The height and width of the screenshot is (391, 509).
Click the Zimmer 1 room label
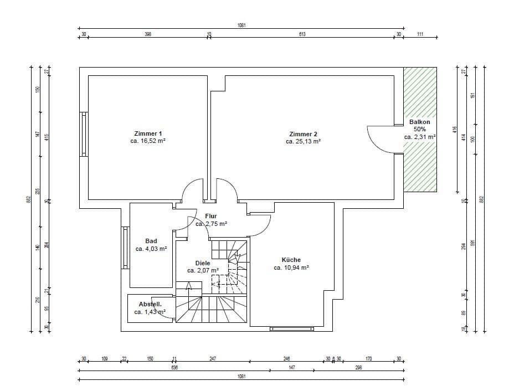(x=148, y=133)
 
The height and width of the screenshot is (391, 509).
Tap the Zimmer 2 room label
(x=303, y=133)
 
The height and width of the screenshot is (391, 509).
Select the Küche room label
(x=291, y=259)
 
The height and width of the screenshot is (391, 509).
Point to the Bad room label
(x=151, y=241)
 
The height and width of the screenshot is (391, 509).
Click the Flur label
(x=210, y=216)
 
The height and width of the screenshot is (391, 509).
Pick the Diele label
(x=203, y=263)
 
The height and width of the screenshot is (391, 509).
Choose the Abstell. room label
(x=150, y=304)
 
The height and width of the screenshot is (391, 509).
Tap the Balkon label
(x=419, y=122)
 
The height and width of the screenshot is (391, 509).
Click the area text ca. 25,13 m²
(x=303, y=142)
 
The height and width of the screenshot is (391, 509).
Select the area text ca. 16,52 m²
(x=148, y=142)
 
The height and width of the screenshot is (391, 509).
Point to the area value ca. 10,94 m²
(x=291, y=267)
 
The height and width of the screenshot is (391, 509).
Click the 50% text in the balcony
(x=419, y=129)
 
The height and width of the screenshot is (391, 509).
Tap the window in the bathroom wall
(x=125, y=247)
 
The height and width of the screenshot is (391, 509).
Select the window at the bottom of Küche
(x=291, y=329)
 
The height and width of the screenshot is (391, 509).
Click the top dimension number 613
(x=302, y=34)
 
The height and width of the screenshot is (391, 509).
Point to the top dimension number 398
(x=148, y=34)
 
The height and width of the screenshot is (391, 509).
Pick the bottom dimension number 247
(x=213, y=359)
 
